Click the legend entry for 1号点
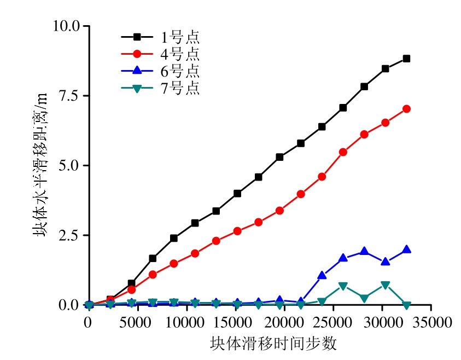click(x=160, y=37)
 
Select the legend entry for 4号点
click(x=160, y=54)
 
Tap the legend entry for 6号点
click(x=160, y=71)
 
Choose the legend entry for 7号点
click(x=160, y=88)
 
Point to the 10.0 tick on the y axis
click(x=66, y=26)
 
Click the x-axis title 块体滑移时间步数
click(x=273, y=344)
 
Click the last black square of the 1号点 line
click(x=406, y=59)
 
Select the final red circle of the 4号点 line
click(x=406, y=109)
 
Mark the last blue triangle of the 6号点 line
click(x=406, y=249)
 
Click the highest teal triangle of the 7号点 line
click(x=386, y=285)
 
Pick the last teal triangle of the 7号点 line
click(x=406, y=305)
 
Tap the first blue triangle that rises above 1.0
click(x=322, y=275)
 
